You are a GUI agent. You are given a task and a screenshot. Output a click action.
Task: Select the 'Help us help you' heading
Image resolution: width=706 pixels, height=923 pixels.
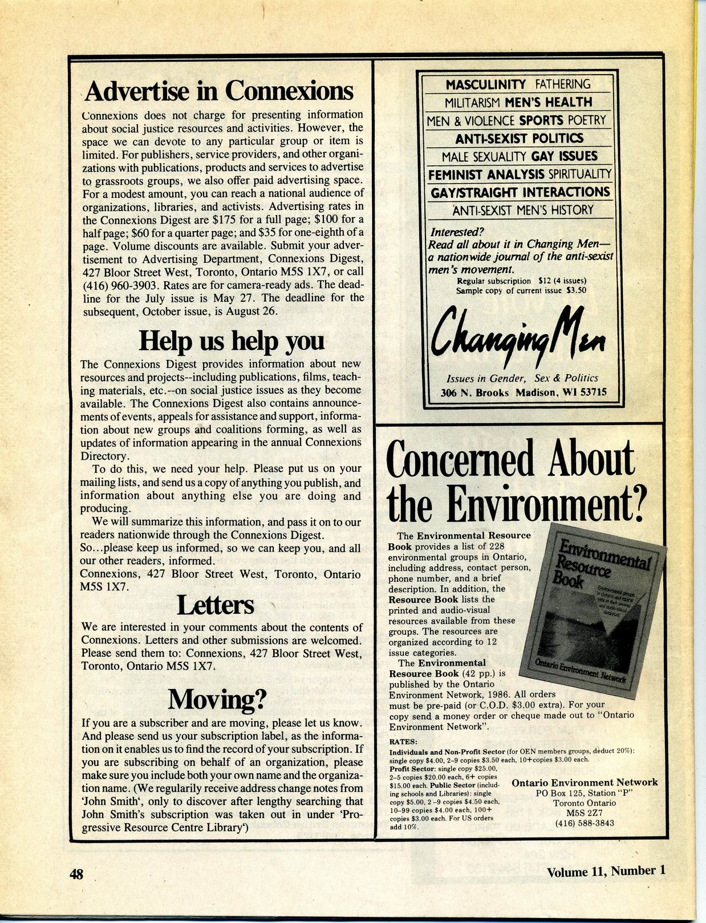(232, 341)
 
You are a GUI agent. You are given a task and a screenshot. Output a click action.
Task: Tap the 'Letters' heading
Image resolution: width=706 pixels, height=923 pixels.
(215, 605)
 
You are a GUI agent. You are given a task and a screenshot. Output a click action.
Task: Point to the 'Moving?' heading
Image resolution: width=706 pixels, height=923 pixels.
(218, 698)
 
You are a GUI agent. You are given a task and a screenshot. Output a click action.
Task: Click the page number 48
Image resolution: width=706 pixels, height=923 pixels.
(76, 873)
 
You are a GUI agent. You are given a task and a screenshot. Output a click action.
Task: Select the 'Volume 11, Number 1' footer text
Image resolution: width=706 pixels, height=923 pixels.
(606, 871)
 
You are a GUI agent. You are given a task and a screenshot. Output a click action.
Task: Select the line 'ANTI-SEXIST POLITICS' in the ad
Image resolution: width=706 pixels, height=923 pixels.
(519, 139)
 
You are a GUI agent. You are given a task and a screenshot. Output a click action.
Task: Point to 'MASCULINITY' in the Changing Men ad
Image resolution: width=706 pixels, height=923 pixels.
(486, 84)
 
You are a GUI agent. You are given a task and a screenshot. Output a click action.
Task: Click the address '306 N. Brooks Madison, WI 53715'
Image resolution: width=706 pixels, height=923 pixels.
(524, 392)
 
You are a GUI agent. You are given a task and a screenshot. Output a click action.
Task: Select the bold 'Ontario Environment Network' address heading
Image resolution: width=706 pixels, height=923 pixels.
(585, 783)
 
